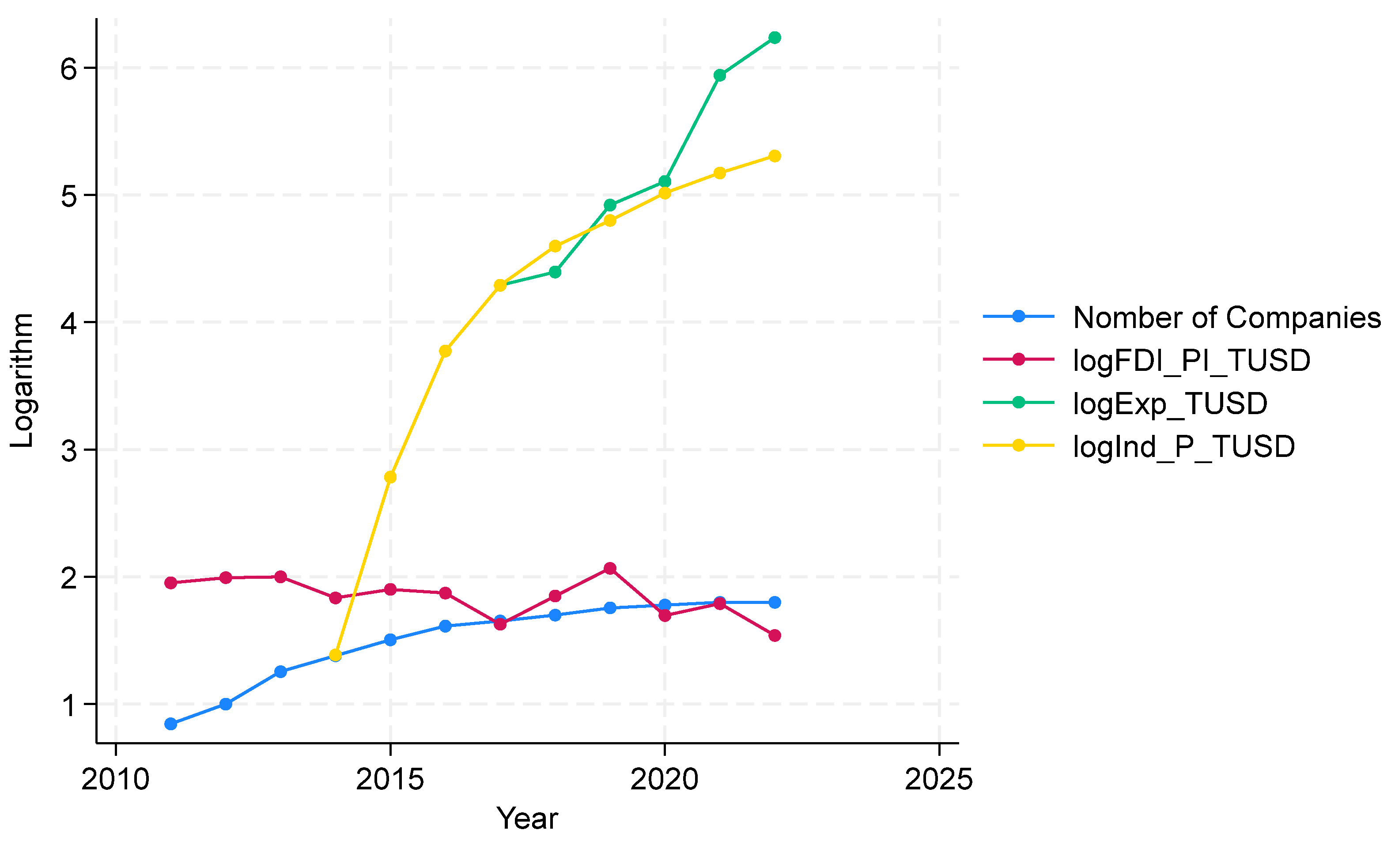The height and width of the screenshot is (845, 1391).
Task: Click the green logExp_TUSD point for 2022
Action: click(x=775, y=38)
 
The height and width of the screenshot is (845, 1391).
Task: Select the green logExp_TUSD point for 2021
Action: click(x=720, y=75)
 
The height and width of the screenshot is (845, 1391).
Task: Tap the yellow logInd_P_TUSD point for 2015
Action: click(x=390, y=477)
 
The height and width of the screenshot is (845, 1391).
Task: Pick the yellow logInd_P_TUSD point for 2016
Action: click(x=445, y=351)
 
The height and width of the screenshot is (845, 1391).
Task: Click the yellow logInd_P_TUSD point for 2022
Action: click(x=775, y=156)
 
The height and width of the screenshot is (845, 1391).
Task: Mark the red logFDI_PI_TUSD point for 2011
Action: click(x=170, y=582)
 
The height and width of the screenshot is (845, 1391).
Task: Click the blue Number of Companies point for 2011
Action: click(x=170, y=724)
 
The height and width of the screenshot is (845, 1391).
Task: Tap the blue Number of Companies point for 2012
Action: click(x=226, y=704)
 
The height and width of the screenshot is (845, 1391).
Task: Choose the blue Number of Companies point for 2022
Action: click(x=775, y=602)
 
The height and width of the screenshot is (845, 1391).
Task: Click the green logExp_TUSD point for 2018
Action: click(x=555, y=272)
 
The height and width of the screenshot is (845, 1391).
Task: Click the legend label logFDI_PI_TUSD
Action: click(x=1191, y=360)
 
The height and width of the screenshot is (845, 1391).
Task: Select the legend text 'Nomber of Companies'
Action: click(x=1227, y=317)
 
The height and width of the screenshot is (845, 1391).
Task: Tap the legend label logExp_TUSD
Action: click(x=1170, y=403)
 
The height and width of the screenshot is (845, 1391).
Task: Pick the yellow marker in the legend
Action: click(x=1018, y=445)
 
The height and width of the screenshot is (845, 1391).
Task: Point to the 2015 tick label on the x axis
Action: click(x=389, y=780)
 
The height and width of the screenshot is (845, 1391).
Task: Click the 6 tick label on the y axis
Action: click(x=68, y=69)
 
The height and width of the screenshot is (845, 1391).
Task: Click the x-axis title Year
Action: click(x=527, y=819)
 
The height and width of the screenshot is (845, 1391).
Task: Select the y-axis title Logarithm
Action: click(x=23, y=381)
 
